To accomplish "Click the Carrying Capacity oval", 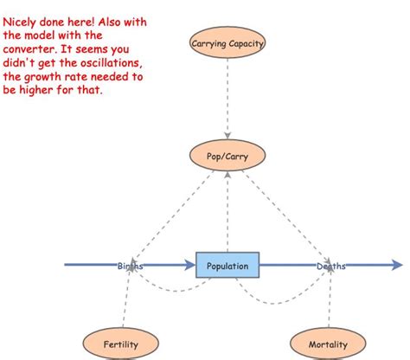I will pyautogui.click(x=227, y=42).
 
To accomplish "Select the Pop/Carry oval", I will pyautogui.click(x=227, y=156).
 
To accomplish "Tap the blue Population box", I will pyautogui.click(x=227, y=266).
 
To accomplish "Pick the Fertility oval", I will pyautogui.click(x=121, y=344).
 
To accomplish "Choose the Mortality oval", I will pyautogui.click(x=328, y=344).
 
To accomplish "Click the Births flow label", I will pyautogui.click(x=131, y=266).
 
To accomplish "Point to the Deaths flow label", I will pyautogui.click(x=330, y=266).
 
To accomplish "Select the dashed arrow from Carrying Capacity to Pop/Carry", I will pyautogui.click(x=227, y=99).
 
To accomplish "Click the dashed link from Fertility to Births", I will pyautogui.click(x=126, y=299).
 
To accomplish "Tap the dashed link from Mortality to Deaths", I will pyautogui.click(x=330, y=299).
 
